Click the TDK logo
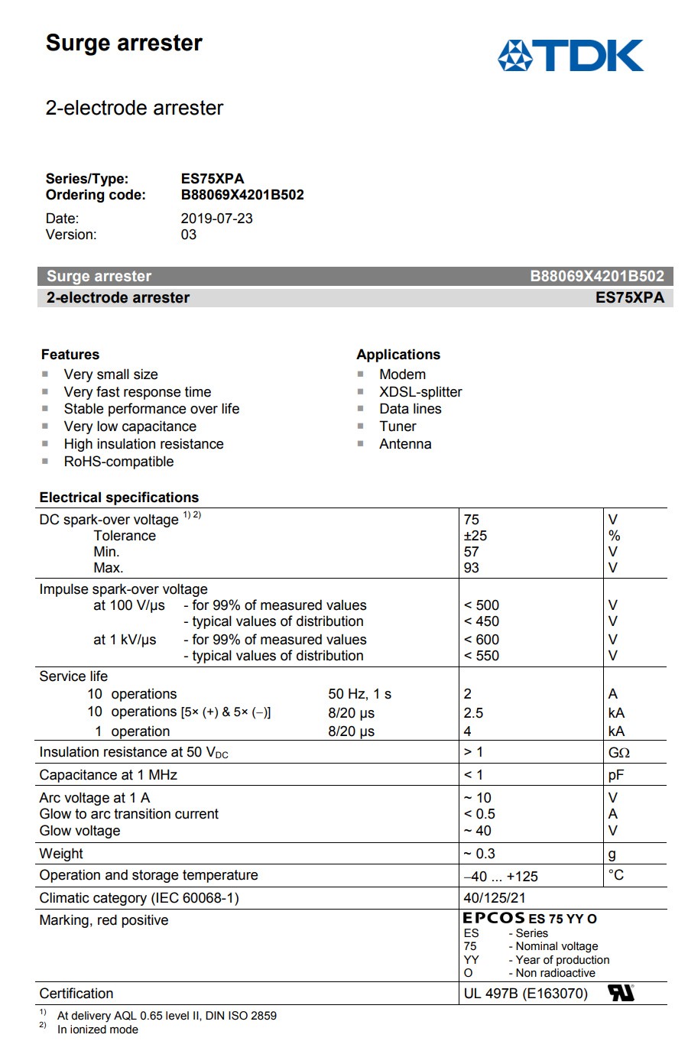[x=570, y=56]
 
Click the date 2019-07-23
[x=216, y=219]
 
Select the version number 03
[x=189, y=235]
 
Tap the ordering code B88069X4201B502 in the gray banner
[x=597, y=277]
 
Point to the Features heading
[x=70, y=355]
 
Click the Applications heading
[x=398, y=355]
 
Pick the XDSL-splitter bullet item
[x=420, y=392]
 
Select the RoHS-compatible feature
[x=118, y=462]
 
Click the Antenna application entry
[x=405, y=444]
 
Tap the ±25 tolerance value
[x=475, y=536]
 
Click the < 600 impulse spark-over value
[x=482, y=640]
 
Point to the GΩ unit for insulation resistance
[x=618, y=753]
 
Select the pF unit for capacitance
[x=616, y=775]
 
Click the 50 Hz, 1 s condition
[x=359, y=694]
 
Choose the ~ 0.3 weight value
[x=479, y=854]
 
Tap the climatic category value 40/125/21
[x=495, y=898]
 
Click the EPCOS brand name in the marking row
[x=494, y=919]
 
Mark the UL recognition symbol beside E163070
[x=621, y=993]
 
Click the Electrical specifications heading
[x=119, y=498]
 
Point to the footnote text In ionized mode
[x=98, y=1030]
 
